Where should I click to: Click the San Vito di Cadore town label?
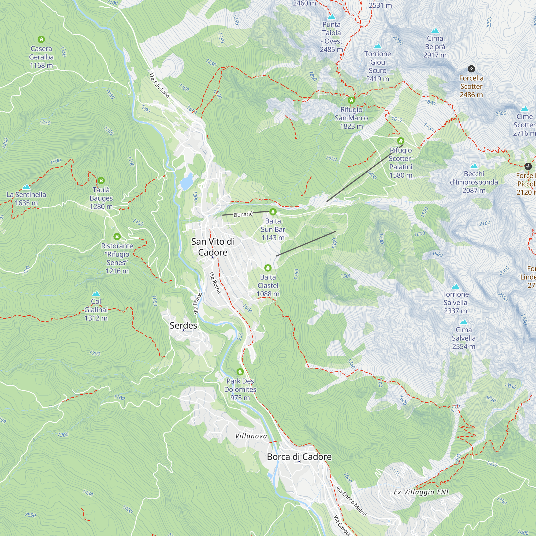[x=213, y=247]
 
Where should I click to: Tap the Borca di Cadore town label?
[x=299, y=457]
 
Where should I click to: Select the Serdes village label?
[x=183, y=325]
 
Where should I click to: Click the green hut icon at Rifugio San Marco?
[x=351, y=100]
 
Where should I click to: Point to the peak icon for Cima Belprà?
[x=435, y=31]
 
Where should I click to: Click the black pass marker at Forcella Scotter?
[x=471, y=69]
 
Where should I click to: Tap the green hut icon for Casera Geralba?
[x=41, y=39]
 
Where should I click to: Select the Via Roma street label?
[x=215, y=283]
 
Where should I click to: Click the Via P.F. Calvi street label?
[x=159, y=85]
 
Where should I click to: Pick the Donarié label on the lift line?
[x=243, y=214]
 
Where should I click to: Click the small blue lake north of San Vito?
[x=186, y=182]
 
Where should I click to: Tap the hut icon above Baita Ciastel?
[x=268, y=268]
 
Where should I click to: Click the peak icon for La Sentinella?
[x=26, y=187]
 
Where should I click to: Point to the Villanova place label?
[x=251, y=436]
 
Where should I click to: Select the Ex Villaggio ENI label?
[x=421, y=492]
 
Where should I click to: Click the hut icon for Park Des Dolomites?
[x=240, y=372]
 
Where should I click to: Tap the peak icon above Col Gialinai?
[x=96, y=293]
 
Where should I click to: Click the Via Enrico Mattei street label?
[x=351, y=501]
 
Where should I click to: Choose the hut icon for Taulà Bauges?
[x=101, y=181]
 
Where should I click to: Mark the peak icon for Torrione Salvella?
[x=455, y=286]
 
